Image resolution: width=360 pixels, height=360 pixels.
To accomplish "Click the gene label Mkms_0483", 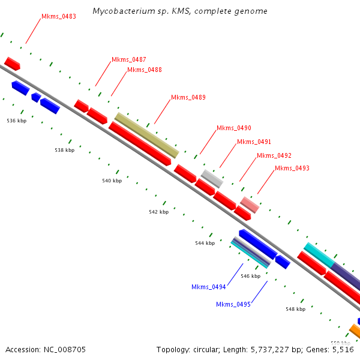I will [x=59, y=16].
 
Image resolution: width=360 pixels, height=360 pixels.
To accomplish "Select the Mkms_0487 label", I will [x=129, y=60].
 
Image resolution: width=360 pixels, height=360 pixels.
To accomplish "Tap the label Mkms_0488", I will [x=145, y=70].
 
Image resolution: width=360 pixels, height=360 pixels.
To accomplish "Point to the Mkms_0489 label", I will [x=188, y=97].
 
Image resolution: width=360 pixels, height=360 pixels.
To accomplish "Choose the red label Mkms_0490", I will [x=234, y=128].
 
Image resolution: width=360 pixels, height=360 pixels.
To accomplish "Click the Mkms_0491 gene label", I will [x=254, y=142].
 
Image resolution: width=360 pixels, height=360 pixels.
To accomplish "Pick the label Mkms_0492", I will [x=274, y=156].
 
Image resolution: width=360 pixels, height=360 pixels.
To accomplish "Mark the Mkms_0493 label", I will [x=292, y=169].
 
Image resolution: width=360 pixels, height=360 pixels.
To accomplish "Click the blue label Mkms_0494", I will [x=209, y=287].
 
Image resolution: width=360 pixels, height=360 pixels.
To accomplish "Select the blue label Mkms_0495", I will [x=233, y=304].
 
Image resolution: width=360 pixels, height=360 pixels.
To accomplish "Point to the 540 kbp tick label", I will [x=112, y=181].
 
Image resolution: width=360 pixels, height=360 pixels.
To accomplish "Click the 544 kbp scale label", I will [x=205, y=243].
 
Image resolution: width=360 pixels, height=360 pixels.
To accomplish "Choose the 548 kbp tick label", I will [x=295, y=309].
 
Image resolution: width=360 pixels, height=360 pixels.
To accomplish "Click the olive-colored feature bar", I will [x=147, y=135].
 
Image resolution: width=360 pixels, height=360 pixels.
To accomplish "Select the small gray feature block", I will [x=212, y=178].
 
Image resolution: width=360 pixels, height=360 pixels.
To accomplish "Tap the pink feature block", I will [x=250, y=204].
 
